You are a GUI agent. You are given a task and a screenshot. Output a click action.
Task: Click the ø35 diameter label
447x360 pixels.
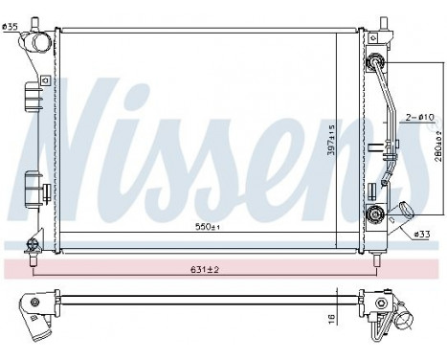(10, 26)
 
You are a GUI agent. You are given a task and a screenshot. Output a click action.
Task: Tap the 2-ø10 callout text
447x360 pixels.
(417, 117)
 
